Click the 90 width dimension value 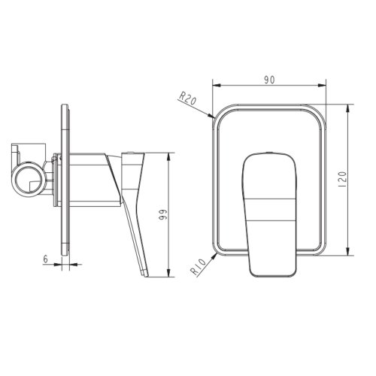click(269, 80)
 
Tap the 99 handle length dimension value click(163, 215)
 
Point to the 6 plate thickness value click(45, 259)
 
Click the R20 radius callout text click(187, 99)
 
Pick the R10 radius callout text click(199, 267)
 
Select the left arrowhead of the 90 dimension click(217, 85)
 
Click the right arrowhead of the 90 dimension click(322, 85)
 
